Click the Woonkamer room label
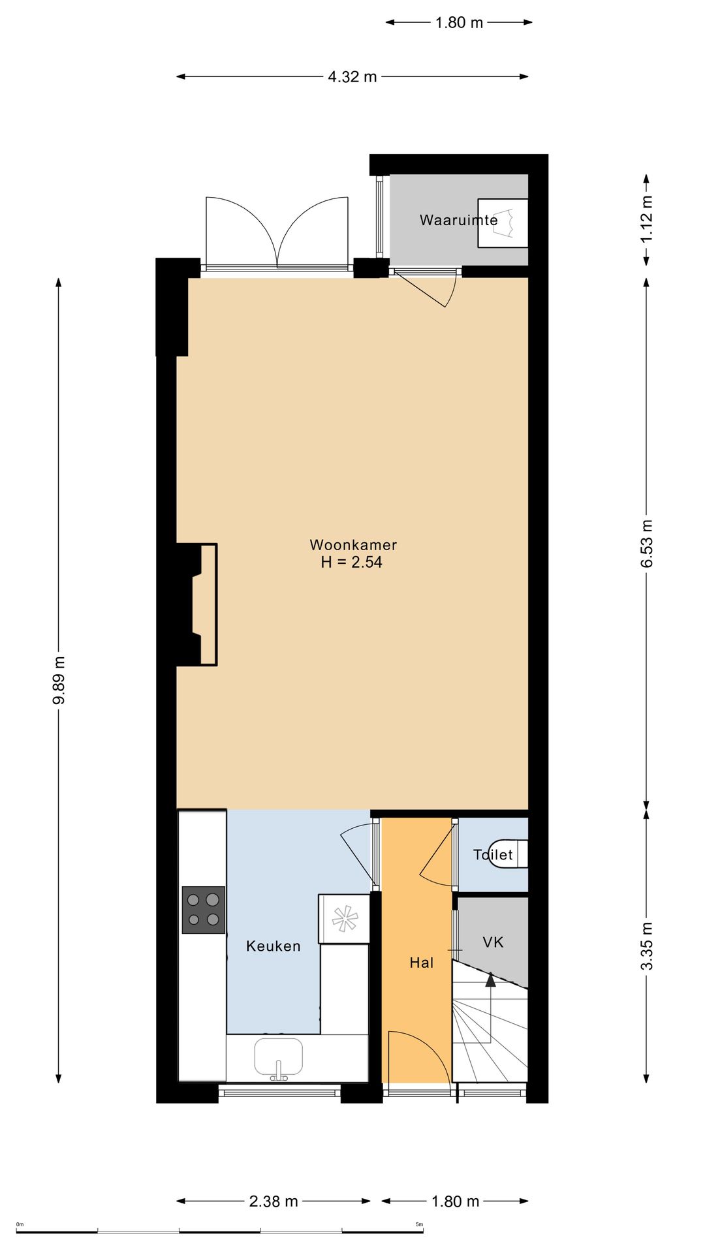coord(353,544)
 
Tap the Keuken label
coord(274,946)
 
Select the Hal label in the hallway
coord(422,962)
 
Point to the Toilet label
coord(493,854)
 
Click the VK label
coord(493,942)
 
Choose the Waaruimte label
coord(459,220)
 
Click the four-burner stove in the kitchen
coord(204,910)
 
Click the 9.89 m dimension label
coord(59,681)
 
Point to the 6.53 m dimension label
coord(646,544)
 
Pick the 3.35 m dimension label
coord(646,946)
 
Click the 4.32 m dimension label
coord(352,76)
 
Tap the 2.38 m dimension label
coord(274,1201)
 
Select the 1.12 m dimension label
coord(646,219)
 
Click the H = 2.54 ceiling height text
coord(351,562)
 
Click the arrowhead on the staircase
coord(490,978)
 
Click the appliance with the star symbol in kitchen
coord(344,918)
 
